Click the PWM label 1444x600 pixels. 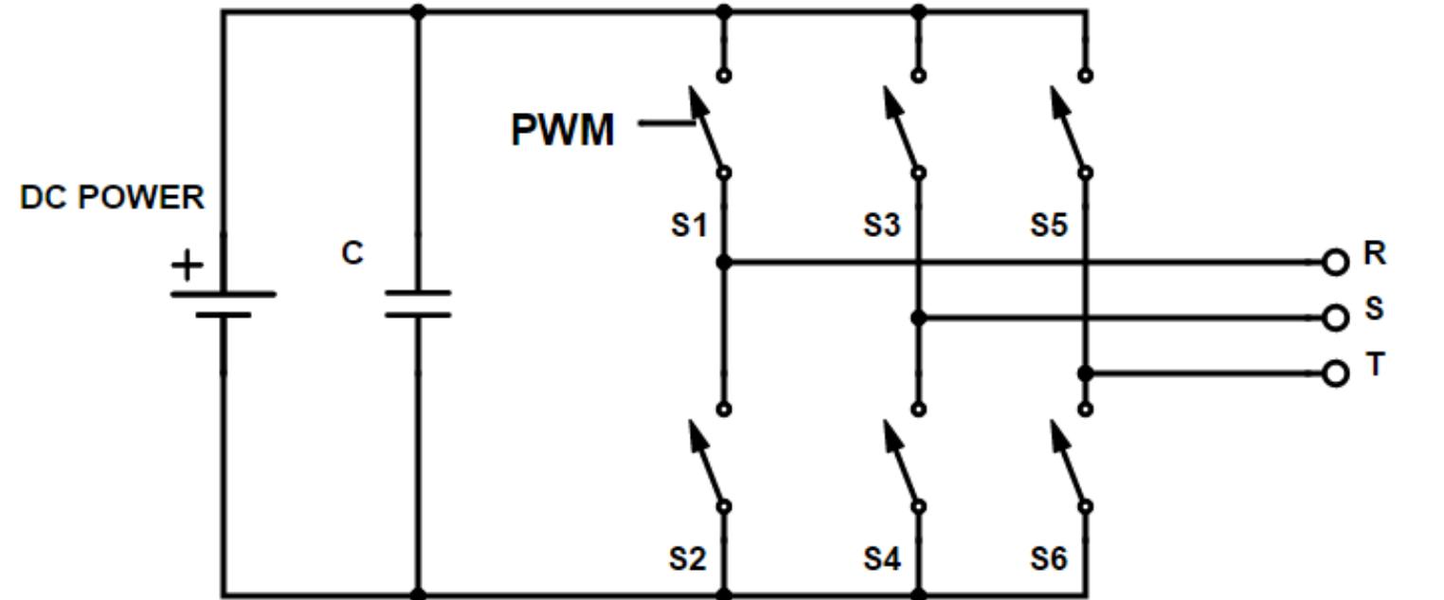[x=563, y=130]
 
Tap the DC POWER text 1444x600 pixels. [x=112, y=198]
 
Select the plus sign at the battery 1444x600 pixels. [x=188, y=265]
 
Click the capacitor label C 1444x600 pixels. [x=352, y=254]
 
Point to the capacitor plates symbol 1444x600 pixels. [x=418, y=303]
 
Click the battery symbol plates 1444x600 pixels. [x=224, y=303]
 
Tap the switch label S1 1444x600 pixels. [x=689, y=227]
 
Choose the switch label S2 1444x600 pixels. [x=689, y=559]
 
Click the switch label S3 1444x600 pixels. [x=881, y=227]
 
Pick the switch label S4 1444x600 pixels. [x=881, y=559]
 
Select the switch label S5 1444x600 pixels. [x=1049, y=227]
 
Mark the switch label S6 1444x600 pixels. [x=1049, y=559]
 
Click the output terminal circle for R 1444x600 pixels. [x=1335, y=263]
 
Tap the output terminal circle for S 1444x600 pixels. [x=1335, y=318]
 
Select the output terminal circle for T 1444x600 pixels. [x=1335, y=374]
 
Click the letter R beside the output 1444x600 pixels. [x=1375, y=253]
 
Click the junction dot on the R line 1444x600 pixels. [x=724, y=263]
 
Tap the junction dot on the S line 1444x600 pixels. [x=918, y=318]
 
